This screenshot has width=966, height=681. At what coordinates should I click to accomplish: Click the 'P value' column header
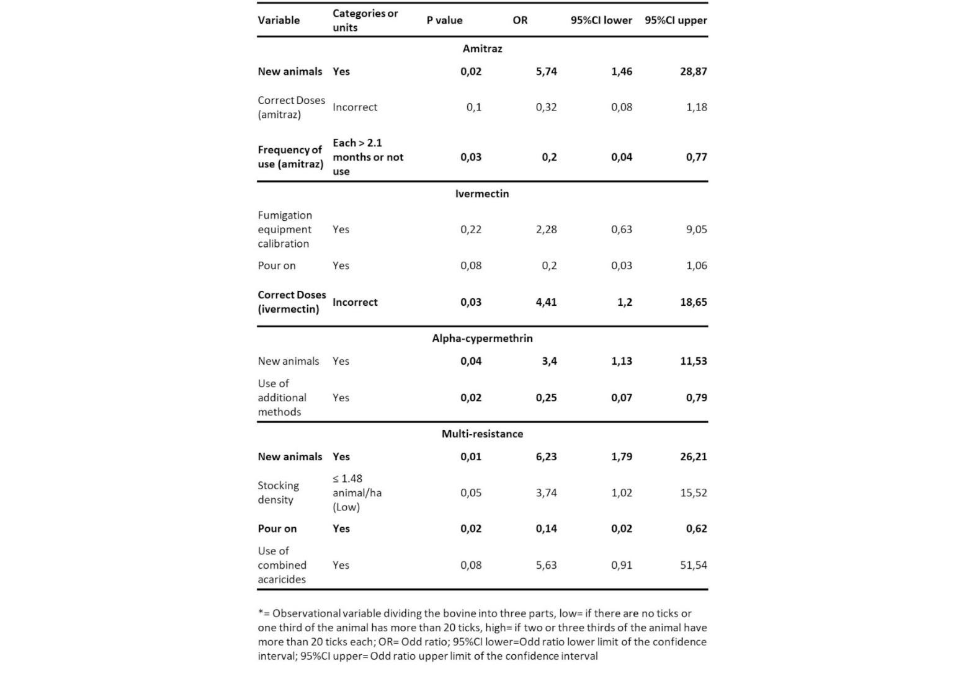tap(444, 20)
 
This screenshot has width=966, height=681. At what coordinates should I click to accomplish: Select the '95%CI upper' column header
tap(676, 20)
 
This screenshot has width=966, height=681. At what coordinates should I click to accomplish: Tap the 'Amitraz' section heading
tap(482, 48)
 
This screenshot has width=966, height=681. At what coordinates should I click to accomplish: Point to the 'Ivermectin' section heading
tap(482, 194)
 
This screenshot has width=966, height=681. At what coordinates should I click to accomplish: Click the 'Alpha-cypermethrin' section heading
tap(482, 338)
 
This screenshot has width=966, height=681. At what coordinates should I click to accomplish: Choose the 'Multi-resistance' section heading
tap(482, 434)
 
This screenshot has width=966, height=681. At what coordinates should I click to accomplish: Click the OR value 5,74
tap(546, 71)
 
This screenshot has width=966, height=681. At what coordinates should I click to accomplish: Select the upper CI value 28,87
tap(693, 71)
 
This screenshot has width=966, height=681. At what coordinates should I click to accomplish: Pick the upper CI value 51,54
tap(693, 565)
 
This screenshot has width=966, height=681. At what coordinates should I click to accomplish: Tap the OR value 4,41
tap(546, 302)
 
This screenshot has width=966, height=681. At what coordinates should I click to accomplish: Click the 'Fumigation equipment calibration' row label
tap(285, 229)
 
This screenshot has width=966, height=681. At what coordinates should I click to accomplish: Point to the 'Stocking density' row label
tap(278, 492)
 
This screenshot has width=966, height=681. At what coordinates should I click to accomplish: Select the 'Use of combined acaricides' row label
tap(282, 565)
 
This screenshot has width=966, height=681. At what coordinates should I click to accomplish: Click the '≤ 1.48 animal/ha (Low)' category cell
tap(357, 492)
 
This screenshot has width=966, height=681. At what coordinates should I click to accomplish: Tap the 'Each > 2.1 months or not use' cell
tap(367, 157)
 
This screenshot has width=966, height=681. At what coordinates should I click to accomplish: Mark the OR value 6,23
tap(546, 456)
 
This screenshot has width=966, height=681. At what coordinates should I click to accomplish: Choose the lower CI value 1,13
tap(621, 361)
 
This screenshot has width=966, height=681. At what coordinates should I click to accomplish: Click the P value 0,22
tap(470, 229)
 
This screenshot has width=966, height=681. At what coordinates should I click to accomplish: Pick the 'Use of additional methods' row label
tap(282, 398)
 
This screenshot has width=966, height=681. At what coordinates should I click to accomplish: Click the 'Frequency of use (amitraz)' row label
tap(290, 157)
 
